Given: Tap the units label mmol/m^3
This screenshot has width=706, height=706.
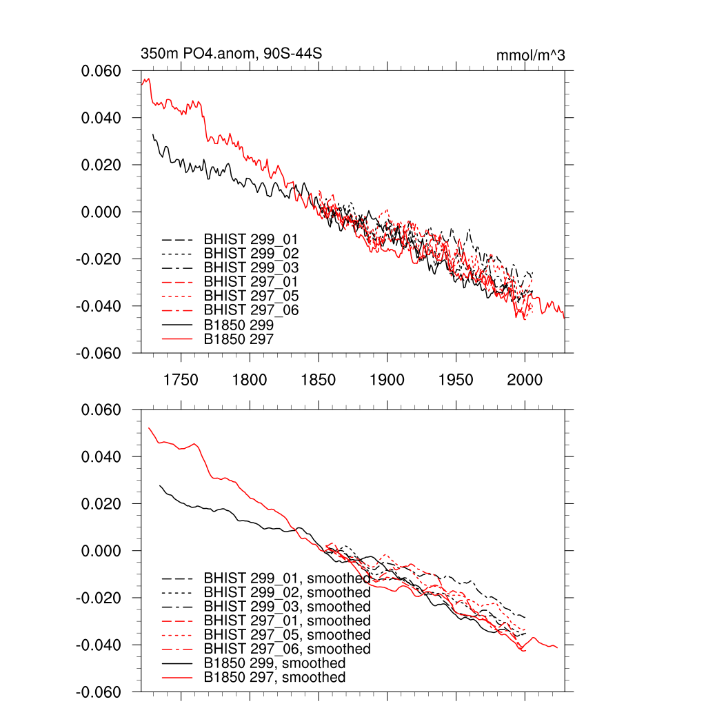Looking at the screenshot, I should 530,55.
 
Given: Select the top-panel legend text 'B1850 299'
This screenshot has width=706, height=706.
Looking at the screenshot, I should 239,325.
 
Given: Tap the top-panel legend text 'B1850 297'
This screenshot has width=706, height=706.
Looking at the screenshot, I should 239,339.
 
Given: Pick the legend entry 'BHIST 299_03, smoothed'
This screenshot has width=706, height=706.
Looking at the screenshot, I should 287,607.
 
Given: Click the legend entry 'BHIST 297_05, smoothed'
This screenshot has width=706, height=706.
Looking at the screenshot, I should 287,635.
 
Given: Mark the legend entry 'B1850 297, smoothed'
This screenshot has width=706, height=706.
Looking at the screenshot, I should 274,678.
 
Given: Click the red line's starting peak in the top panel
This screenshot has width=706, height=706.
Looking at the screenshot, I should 148,79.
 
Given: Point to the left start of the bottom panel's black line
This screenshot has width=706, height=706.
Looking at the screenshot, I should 160,485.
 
